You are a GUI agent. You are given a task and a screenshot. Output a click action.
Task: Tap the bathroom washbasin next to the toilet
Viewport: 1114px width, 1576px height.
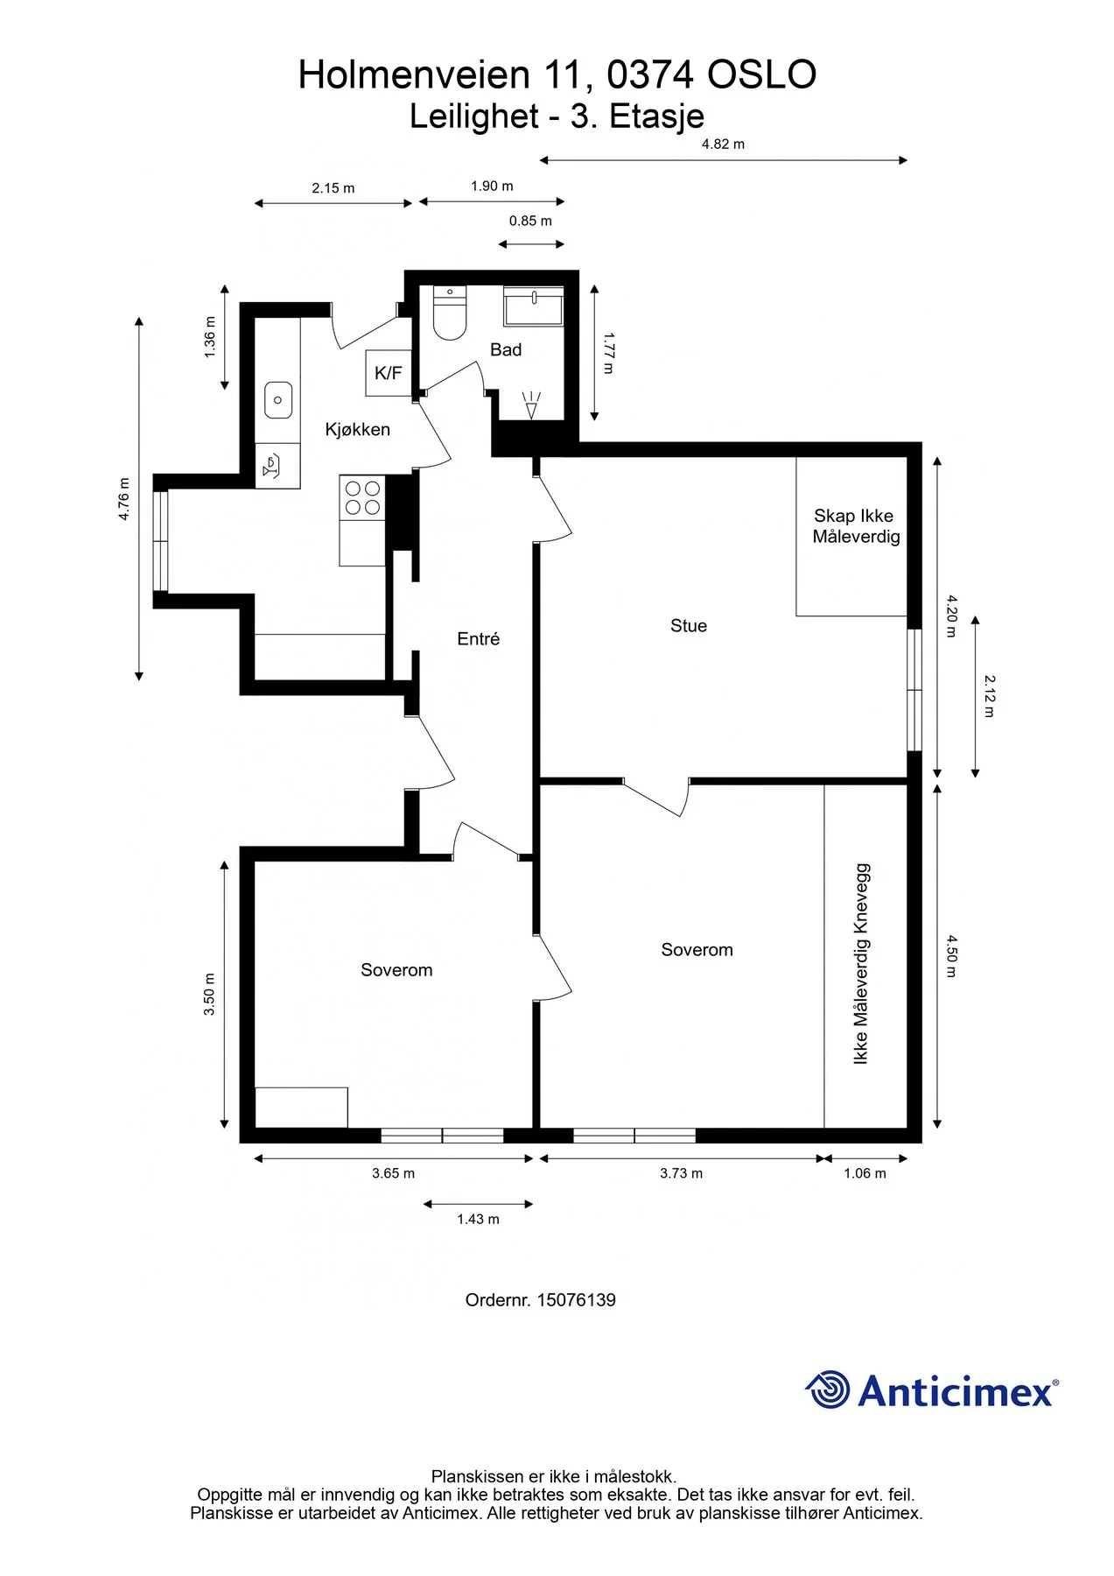click(x=533, y=305)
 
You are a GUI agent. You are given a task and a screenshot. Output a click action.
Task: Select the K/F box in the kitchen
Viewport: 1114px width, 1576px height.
click(x=388, y=373)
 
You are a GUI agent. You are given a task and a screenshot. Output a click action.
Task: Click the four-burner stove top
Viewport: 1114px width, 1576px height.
click(x=362, y=497)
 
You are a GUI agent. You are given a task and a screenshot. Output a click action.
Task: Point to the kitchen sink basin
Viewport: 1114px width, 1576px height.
click(x=278, y=400)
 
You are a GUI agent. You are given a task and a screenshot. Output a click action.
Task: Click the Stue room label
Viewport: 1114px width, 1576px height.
click(x=689, y=625)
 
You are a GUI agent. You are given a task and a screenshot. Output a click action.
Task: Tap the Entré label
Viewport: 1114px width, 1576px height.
click(x=478, y=639)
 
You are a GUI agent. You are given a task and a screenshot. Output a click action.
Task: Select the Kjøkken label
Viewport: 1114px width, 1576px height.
click(x=357, y=430)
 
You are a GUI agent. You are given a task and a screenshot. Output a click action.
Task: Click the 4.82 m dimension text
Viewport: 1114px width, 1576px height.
click(x=723, y=144)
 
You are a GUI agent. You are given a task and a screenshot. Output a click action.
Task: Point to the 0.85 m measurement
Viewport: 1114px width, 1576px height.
click(x=530, y=222)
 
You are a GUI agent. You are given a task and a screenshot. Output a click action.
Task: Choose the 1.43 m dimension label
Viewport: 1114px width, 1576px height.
click(x=478, y=1220)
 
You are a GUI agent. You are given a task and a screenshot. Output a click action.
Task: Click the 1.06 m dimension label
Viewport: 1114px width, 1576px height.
click(x=865, y=1173)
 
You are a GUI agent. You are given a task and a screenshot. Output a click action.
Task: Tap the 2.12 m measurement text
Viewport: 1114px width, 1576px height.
click(x=990, y=696)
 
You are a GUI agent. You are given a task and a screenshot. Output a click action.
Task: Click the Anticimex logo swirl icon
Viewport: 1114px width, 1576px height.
click(x=827, y=1390)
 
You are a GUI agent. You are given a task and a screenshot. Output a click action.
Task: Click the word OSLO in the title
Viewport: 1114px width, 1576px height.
click(x=761, y=75)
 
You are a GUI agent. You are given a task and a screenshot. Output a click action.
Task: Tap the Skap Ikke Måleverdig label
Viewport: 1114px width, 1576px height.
click(x=855, y=526)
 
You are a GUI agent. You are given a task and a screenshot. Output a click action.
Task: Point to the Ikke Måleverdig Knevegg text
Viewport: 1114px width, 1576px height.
click(x=861, y=964)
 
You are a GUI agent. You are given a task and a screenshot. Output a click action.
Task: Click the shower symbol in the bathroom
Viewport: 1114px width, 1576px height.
click(x=531, y=405)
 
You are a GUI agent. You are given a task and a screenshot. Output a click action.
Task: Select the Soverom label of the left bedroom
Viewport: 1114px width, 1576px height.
click(x=396, y=970)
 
